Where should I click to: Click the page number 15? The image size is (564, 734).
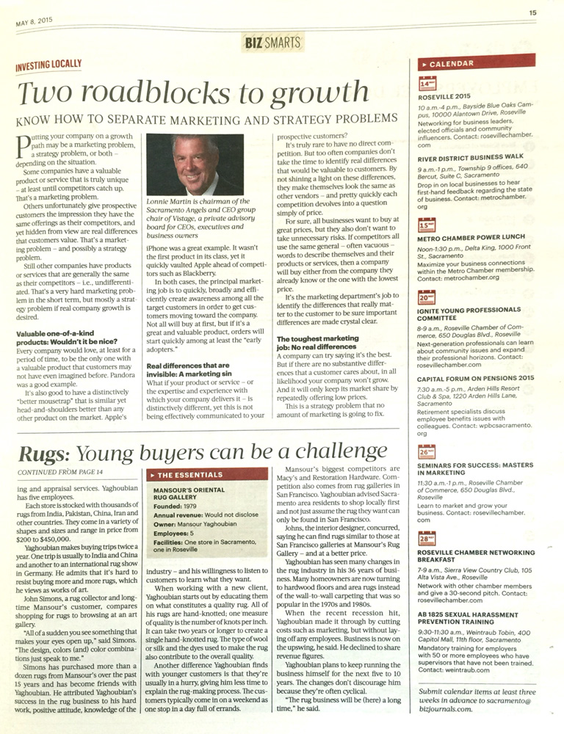pyautogui.click(x=533, y=12)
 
